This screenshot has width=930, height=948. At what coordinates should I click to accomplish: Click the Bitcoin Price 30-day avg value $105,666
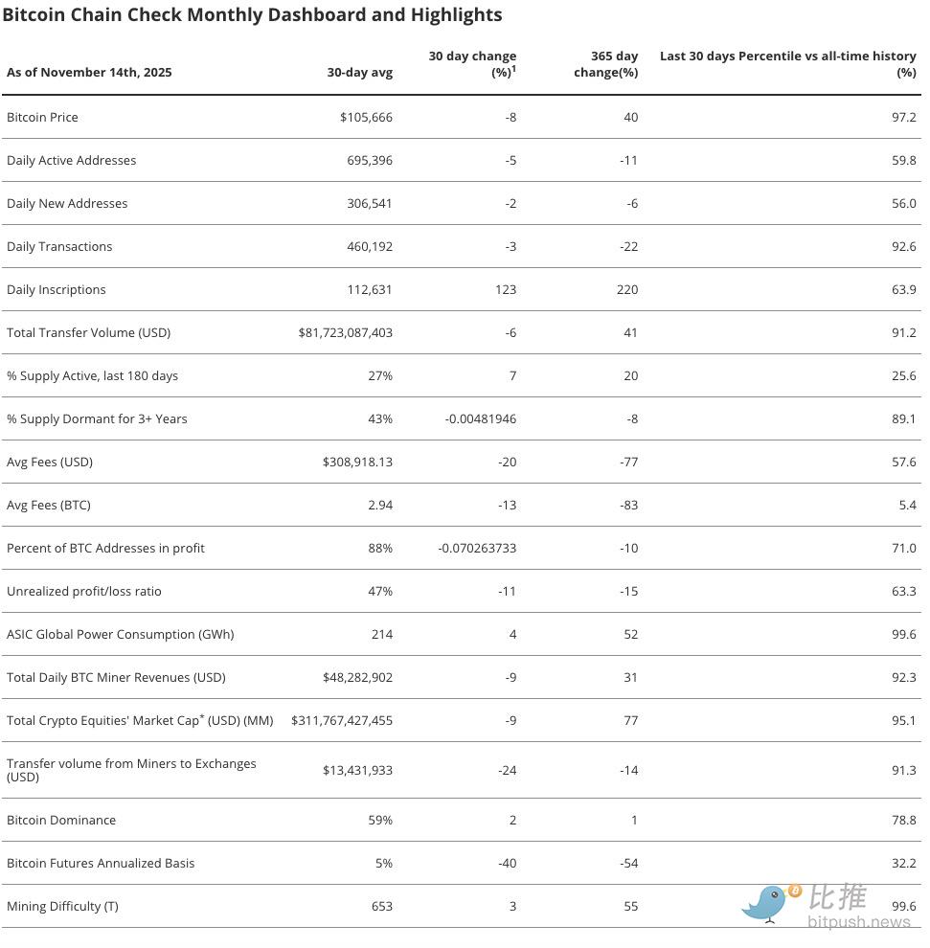click(x=366, y=117)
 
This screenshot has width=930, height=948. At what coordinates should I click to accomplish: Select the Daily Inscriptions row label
click(x=57, y=289)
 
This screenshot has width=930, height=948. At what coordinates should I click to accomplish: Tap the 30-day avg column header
click(x=359, y=72)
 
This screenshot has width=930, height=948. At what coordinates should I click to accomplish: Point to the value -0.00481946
click(x=481, y=418)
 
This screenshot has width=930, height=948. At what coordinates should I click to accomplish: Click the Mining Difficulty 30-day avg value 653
click(x=381, y=906)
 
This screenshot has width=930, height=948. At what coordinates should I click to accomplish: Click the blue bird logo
click(x=766, y=902)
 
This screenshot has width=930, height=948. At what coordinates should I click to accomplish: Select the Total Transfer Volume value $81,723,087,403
click(x=346, y=332)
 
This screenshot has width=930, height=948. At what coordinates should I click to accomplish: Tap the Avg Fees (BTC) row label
click(x=49, y=505)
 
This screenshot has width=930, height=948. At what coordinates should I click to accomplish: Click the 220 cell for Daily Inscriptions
click(x=627, y=289)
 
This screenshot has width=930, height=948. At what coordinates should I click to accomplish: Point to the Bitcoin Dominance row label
click(x=61, y=820)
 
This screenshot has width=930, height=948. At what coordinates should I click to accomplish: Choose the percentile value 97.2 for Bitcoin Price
click(x=903, y=117)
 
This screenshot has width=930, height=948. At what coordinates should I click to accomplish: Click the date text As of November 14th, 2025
click(x=89, y=72)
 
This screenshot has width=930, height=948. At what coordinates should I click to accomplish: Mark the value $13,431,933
click(x=357, y=770)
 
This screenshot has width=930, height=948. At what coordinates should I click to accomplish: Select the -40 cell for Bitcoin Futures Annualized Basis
click(x=508, y=863)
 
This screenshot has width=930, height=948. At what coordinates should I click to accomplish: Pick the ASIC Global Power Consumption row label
click(x=120, y=634)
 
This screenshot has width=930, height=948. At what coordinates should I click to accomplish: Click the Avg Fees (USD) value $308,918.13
click(x=357, y=462)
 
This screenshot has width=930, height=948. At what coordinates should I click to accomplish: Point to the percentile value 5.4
click(x=907, y=505)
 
